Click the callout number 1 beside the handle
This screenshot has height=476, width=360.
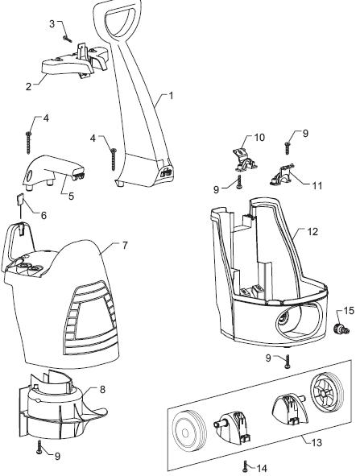coord(171,96)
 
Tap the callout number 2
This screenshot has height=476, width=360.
coord(28,87)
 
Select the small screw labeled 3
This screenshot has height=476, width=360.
coord(68,39)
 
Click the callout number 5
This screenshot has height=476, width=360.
coord(71,196)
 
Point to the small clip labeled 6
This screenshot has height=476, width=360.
coord(19,200)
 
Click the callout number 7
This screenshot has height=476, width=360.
coord(125,246)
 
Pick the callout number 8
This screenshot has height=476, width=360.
coord(102,389)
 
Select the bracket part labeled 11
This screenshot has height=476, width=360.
coord(283,174)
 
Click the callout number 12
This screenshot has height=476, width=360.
coord(312,232)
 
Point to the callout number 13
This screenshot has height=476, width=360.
coord(317,443)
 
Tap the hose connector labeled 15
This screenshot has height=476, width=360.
coord(341,329)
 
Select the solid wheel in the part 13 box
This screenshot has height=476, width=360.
coord(189,431)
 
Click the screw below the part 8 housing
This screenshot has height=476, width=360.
coord(39,447)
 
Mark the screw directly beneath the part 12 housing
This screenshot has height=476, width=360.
coord(288,362)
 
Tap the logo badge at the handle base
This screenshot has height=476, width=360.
coord(167,173)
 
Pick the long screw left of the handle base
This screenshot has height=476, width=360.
coord(114,159)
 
